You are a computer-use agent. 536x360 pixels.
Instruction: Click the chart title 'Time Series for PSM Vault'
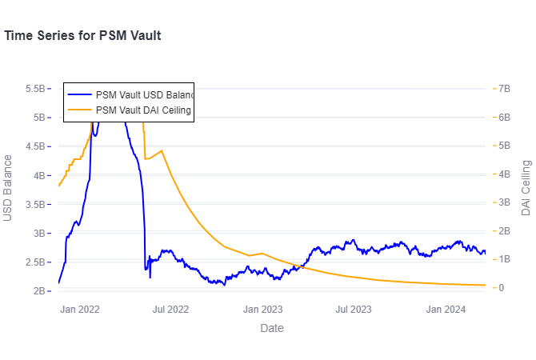pyautogui.click(x=83, y=36)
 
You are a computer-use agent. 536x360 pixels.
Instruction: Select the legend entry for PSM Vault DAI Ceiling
pyautogui.click(x=142, y=110)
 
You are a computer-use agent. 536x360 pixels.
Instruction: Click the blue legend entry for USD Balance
pyautogui.click(x=142, y=94)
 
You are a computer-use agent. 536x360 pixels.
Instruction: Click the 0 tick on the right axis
pyautogui.click(x=501, y=287)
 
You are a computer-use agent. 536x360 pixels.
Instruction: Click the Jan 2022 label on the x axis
pyautogui.click(x=80, y=309)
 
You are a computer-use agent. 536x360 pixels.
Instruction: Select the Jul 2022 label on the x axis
pyautogui.click(x=170, y=309)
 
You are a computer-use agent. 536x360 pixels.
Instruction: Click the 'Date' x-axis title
pyautogui.click(x=272, y=328)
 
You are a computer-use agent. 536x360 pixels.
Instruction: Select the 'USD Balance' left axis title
pyautogui.click(x=8, y=188)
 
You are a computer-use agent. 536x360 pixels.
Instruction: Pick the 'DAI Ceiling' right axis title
pyautogui.click(x=526, y=188)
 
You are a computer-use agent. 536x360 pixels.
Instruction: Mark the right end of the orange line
pyautogui.click(x=486, y=285)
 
